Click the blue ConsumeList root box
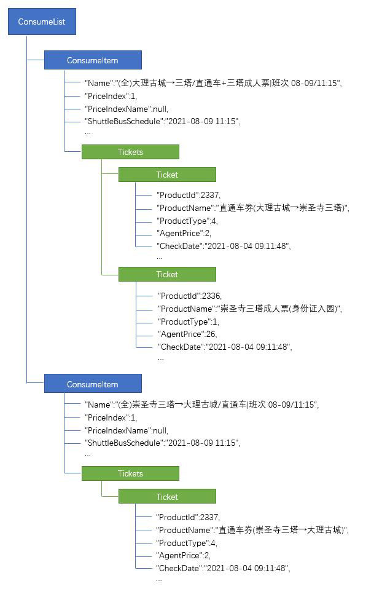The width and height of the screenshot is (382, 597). click(42, 22)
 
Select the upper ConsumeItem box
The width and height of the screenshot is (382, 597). click(93, 60)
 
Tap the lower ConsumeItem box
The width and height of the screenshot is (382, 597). click(93, 384)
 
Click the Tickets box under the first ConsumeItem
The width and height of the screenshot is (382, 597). click(130, 152)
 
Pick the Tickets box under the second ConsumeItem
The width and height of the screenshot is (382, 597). click(130, 473)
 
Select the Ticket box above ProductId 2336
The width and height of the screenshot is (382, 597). click(167, 274)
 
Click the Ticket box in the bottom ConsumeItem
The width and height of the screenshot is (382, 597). click(167, 496)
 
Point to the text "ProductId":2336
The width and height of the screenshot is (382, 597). click(190, 296)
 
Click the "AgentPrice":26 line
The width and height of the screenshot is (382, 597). click(187, 334)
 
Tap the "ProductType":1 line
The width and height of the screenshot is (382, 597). click(189, 322)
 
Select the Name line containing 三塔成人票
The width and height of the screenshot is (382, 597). click(213, 83)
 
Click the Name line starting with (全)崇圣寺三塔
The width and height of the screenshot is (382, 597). click(201, 405)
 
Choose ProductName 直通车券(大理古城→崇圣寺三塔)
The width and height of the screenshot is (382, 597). click(253, 208)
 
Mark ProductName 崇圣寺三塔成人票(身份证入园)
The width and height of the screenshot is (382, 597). click(250, 309)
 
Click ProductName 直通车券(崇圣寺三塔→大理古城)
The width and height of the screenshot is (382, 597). click(252, 530)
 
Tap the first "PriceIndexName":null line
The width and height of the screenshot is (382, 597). click(127, 109)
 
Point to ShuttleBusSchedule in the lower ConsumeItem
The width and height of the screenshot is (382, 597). click(163, 443)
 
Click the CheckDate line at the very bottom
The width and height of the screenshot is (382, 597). click(223, 568)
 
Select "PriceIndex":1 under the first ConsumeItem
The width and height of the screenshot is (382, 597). click(111, 96)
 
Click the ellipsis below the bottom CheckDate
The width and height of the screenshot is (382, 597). click(159, 580)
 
